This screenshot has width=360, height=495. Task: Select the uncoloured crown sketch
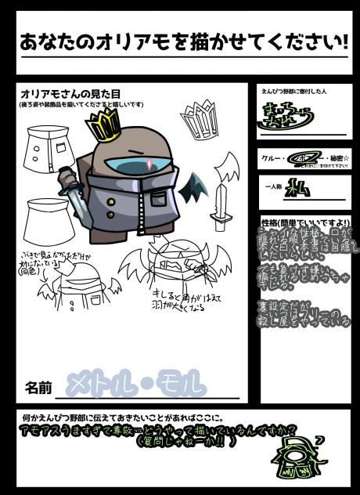[x=203, y=118]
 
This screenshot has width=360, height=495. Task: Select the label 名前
[x=38, y=386]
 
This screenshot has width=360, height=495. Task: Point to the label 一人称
[x=274, y=186]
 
